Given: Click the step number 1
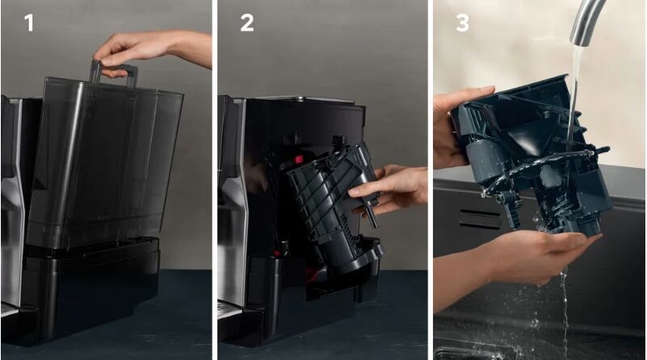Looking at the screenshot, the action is click(x=29, y=23).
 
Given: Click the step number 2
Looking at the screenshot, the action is click(x=246, y=23).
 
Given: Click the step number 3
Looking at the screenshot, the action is click(x=463, y=23).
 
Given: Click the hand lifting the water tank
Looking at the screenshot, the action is click(x=153, y=52).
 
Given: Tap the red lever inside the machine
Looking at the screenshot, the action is click(x=299, y=159).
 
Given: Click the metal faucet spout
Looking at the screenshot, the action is click(x=586, y=21).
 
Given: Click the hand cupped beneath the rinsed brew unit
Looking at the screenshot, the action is click(x=536, y=256).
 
